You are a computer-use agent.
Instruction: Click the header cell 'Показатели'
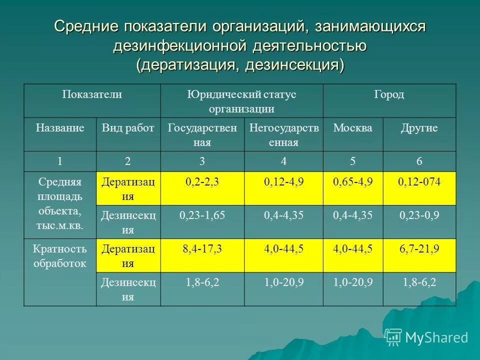[92, 94]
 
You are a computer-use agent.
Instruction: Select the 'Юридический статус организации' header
[241, 101]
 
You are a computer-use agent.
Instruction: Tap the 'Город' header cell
[389, 94]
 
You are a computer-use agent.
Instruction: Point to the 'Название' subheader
[59, 128]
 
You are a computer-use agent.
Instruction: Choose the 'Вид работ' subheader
[128, 128]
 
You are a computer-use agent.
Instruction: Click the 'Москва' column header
[353, 128]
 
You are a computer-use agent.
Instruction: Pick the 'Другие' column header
[419, 128]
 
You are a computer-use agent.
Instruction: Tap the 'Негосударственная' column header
[283, 134]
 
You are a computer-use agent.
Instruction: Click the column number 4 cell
[283, 161]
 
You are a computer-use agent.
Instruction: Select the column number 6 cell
[419, 161]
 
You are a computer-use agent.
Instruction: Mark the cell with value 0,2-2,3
[202, 182]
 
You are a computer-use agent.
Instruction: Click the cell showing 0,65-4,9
[353, 182]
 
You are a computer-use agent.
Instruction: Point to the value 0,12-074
[419, 182]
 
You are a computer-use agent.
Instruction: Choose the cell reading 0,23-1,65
[202, 215]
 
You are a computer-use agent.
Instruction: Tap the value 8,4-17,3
[202, 249]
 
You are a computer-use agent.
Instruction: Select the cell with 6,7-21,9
[419, 249]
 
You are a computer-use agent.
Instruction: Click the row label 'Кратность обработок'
[59, 255]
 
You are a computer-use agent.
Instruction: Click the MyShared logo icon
[393, 337]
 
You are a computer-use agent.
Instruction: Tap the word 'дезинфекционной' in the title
[180, 46]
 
